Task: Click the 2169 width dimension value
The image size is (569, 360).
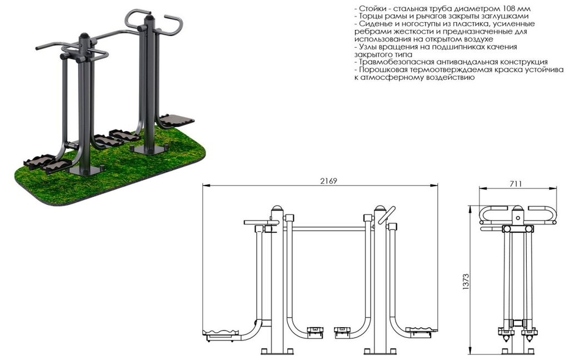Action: (x=328, y=181)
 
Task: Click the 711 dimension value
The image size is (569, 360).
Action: (x=516, y=184)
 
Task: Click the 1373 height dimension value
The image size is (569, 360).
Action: (x=466, y=282)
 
